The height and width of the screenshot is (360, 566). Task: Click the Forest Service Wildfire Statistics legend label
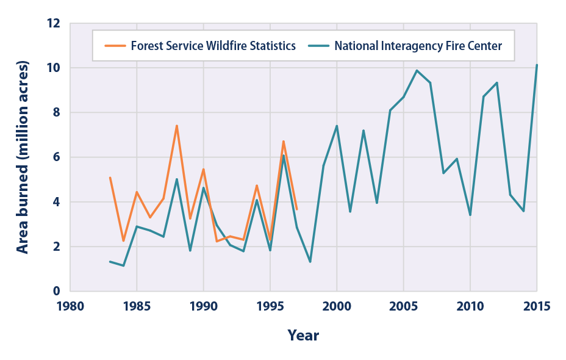(213, 46)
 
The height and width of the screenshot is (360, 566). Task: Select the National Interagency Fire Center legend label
(418, 46)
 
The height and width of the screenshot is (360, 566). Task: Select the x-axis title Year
(304, 335)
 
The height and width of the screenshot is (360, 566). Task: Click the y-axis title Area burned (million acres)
(23, 157)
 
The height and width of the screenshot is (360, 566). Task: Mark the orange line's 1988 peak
(176, 126)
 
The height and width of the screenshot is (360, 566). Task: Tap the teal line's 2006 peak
(417, 70)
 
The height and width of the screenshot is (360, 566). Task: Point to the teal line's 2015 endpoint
(537, 65)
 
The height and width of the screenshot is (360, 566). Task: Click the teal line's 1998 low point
(310, 262)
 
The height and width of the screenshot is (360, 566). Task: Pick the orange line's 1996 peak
(283, 142)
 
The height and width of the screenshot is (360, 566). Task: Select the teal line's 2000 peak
(337, 126)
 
